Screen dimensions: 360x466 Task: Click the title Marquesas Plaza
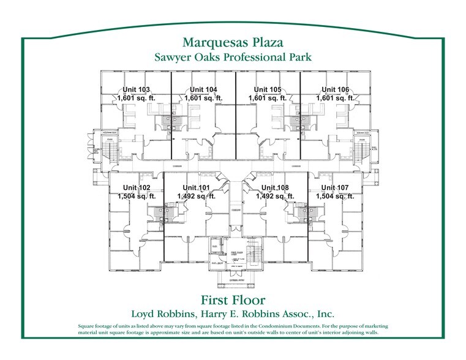(233, 42)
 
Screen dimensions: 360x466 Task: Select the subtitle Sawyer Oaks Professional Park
(233, 57)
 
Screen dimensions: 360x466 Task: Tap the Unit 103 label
(136, 89)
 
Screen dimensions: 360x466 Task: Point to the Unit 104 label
(203, 89)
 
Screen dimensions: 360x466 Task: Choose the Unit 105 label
(268, 89)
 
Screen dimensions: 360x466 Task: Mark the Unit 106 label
(335, 89)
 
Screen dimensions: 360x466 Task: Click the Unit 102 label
(137, 188)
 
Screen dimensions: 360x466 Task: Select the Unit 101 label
(196, 188)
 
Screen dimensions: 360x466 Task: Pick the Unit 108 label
(275, 188)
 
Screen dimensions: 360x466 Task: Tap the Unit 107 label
(335, 188)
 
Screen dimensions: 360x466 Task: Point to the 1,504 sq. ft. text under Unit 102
(137, 197)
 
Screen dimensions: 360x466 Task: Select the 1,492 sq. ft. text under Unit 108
(275, 197)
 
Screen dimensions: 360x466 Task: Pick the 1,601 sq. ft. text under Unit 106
(335, 98)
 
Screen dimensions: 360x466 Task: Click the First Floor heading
(233, 300)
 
